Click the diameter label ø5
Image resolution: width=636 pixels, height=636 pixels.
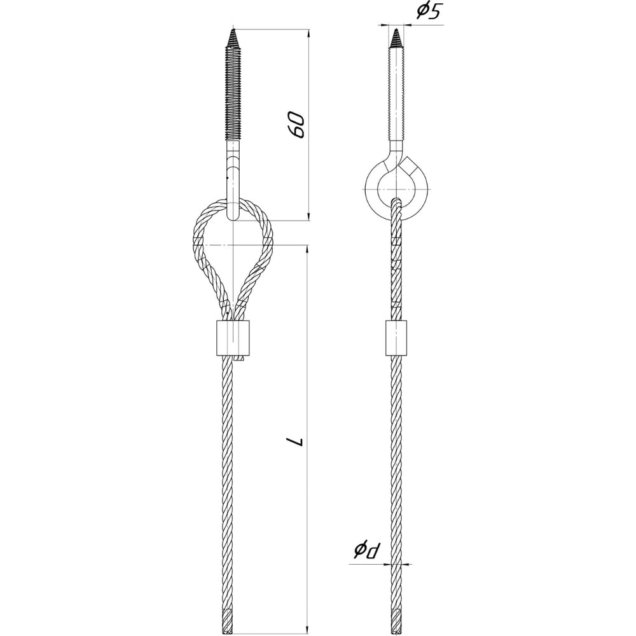coord(428,12)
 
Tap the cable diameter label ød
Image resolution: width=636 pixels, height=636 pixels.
coord(368,550)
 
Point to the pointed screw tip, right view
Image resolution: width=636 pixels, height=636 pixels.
coord(396,29)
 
